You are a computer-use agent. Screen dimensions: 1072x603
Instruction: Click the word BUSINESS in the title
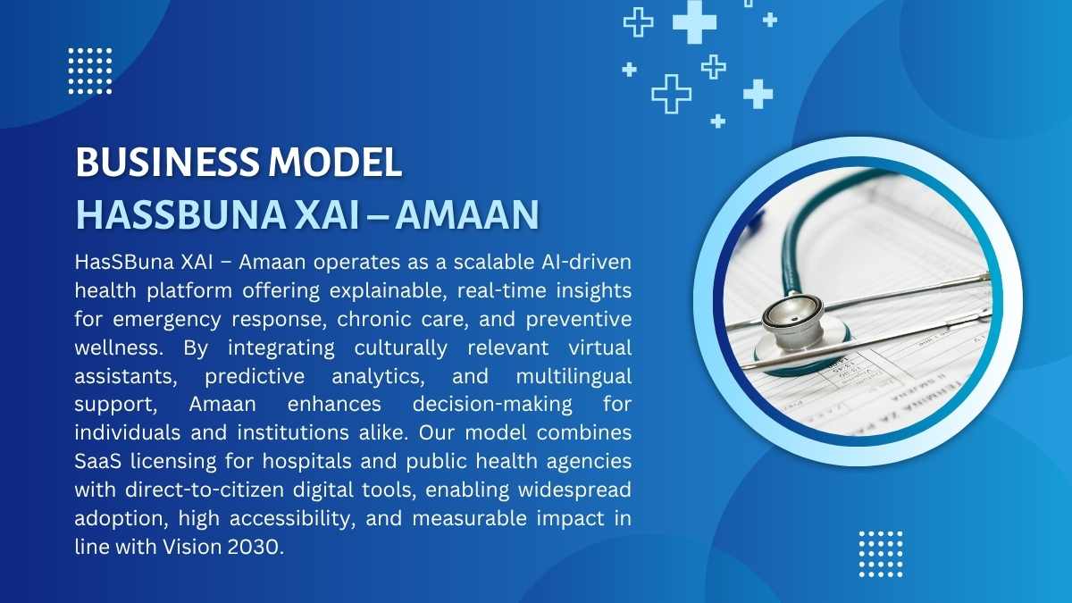coord(166,162)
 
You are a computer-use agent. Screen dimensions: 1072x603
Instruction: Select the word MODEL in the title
coord(335,162)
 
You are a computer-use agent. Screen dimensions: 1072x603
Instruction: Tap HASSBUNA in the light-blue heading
coord(180,215)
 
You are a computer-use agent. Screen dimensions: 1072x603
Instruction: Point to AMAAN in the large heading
coord(467,215)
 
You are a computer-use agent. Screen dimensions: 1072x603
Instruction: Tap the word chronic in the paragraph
coord(373,319)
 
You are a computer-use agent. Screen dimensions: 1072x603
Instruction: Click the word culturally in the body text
coord(400,348)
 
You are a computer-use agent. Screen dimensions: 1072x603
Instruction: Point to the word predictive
coord(255,377)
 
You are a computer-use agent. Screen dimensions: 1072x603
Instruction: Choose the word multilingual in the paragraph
coord(574,377)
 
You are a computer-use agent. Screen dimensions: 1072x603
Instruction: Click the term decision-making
coord(492,405)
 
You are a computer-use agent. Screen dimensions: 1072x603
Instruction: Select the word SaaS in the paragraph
coord(97,461)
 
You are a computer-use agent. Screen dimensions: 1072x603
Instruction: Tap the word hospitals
coord(306,462)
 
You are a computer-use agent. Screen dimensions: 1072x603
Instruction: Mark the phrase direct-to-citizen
coord(205,490)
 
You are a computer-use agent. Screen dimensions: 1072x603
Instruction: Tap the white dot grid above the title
coord(90,71)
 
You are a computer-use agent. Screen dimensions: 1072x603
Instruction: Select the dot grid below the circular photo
coord(881,554)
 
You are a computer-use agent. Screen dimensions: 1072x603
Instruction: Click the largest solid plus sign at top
coord(694,22)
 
